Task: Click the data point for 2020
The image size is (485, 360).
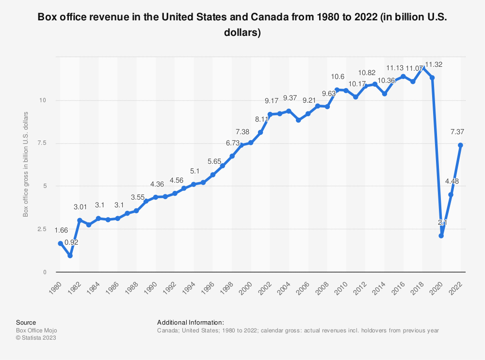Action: point(441,235)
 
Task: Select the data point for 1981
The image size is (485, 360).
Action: point(70,255)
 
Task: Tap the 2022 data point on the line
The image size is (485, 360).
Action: point(460,145)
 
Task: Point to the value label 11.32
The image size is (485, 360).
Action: point(433,64)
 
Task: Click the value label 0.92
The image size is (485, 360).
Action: point(71,242)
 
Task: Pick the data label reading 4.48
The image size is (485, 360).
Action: point(451,182)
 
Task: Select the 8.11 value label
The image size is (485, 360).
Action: point(261,119)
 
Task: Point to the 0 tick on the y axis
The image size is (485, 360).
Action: point(50,272)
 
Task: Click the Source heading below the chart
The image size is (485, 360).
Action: point(26,322)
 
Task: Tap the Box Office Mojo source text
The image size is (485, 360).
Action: point(36,330)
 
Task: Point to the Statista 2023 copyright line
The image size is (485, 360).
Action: point(36,338)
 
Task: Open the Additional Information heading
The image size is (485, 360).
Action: point(190,322)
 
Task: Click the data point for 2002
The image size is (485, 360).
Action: point(270,114)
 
